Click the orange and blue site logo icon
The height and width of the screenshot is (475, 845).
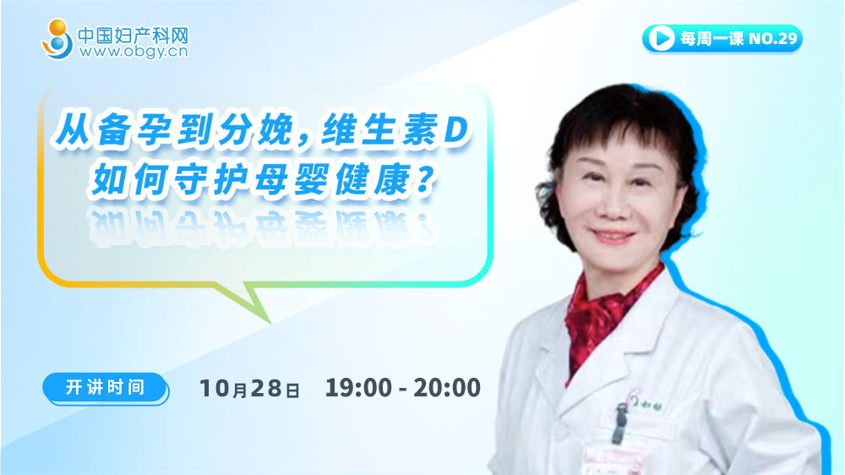(x=57, y=39)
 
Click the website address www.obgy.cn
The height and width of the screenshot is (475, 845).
(x=134, y=52)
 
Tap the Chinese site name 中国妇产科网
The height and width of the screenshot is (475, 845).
(x=134, y=35)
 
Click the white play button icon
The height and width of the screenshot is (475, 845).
(x=662, y=38)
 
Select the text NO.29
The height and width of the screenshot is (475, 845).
(x=773, y=38)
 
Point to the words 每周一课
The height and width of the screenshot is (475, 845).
(x=711, y=38)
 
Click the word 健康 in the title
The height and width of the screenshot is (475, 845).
(x=373, y=179)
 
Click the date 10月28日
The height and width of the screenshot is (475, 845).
(x=249, y=388)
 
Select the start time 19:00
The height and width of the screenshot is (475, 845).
(x=358, y=388)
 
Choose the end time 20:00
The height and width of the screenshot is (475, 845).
(x=447, y=388)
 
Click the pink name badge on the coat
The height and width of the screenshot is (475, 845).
(x=615, y=460)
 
